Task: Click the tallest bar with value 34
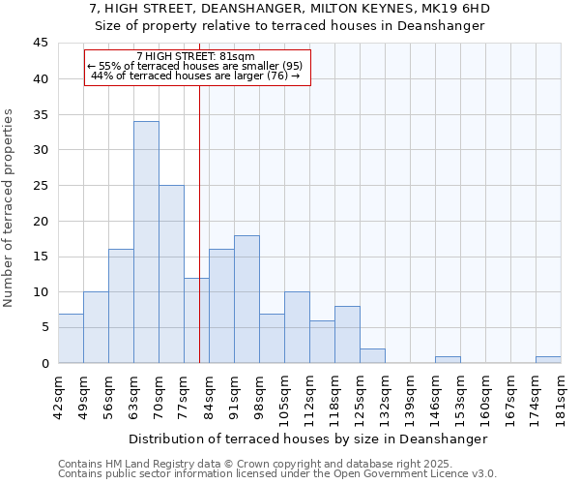click(146, 242)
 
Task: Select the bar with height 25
click(171, 274)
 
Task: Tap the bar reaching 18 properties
click(246, 299)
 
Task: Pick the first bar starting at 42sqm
click(71, 338)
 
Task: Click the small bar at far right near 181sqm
click(548, 360)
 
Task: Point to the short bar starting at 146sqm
click(448, 360)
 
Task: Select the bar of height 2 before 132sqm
click(372, 356)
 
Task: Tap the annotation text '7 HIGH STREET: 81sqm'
click(196, 57)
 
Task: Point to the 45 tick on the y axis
click(41, 44)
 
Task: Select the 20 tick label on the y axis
click(41, 221)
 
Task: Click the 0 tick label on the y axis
click(44, 363)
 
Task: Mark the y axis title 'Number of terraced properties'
click(9, 208)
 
